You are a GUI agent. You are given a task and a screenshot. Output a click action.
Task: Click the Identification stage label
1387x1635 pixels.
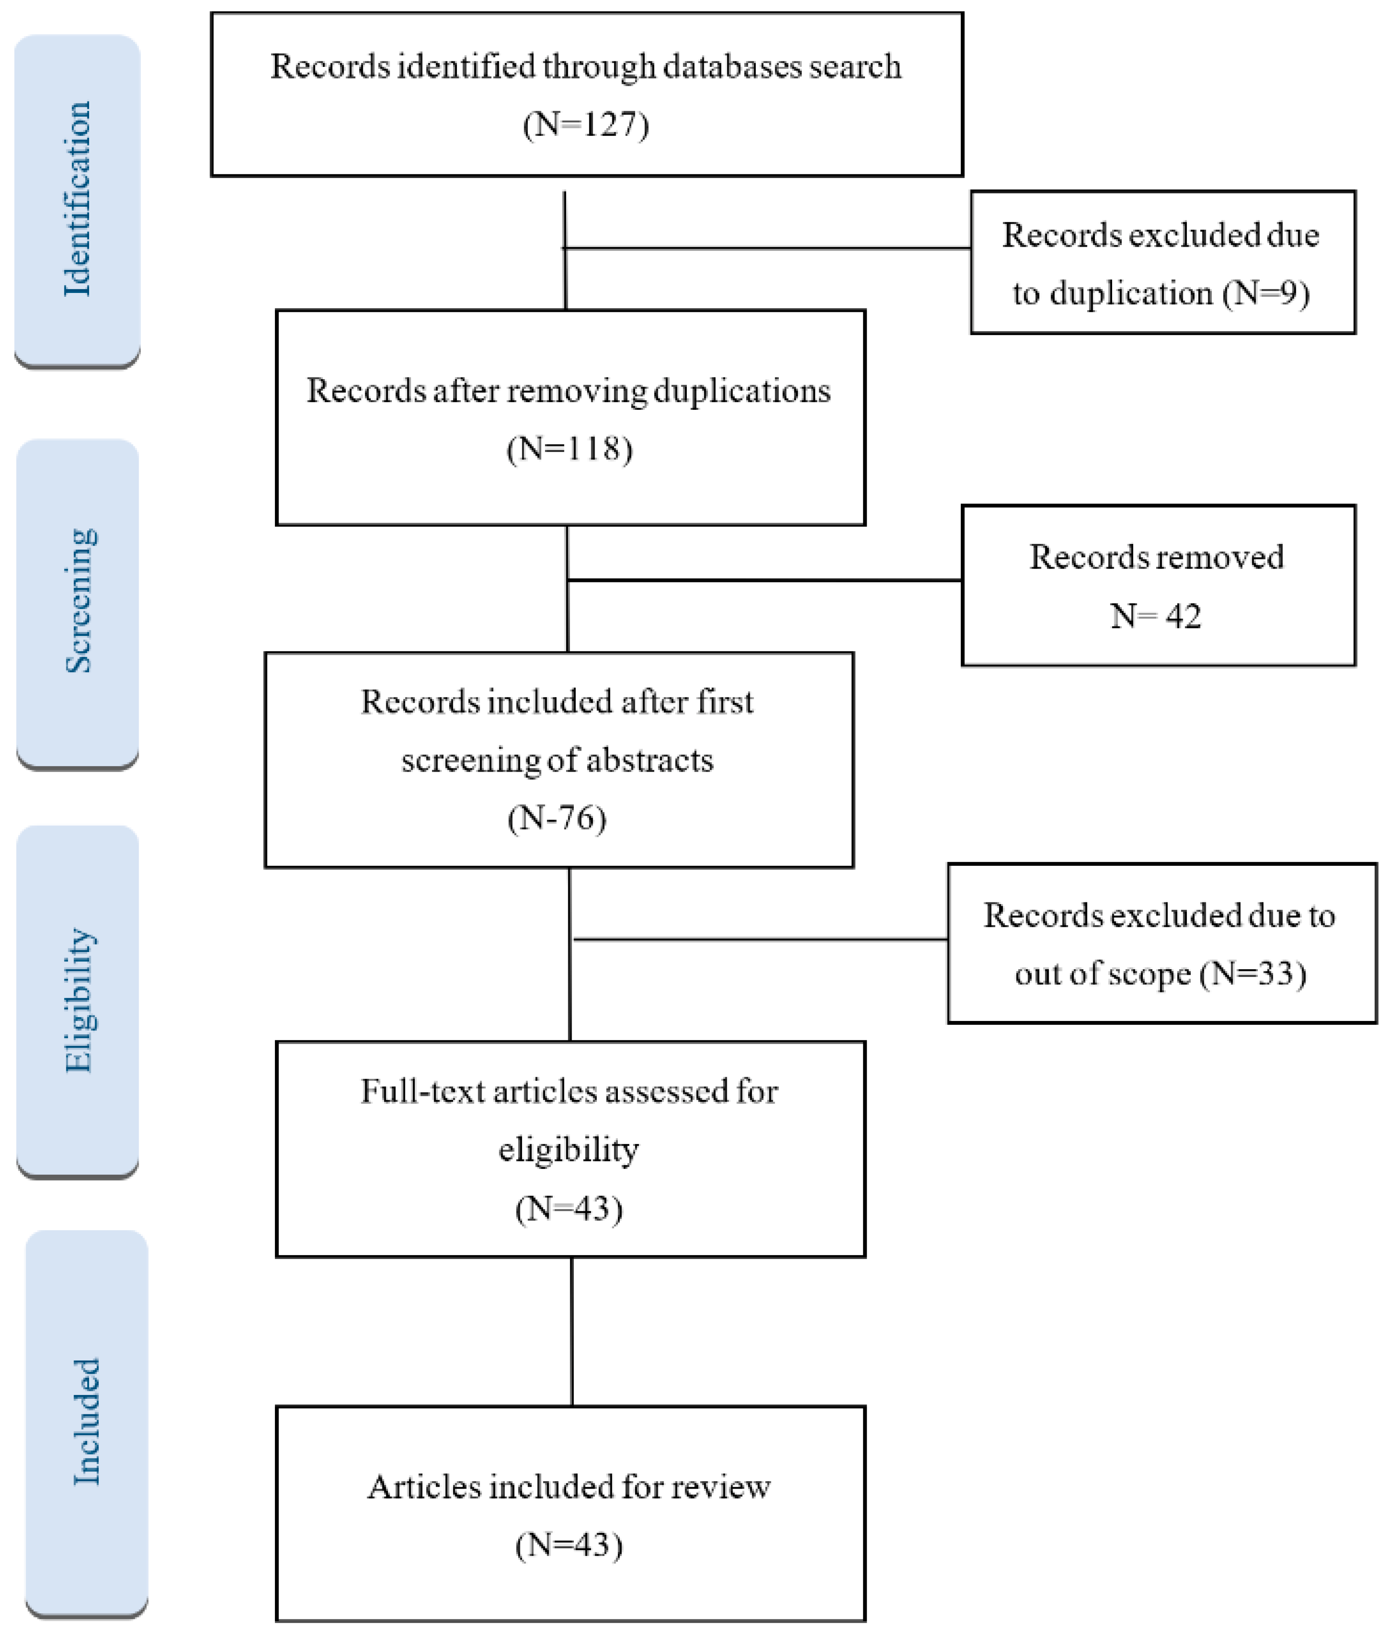tap(77, 199)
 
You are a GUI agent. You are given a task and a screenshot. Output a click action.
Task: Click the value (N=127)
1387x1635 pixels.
tap(586, 124)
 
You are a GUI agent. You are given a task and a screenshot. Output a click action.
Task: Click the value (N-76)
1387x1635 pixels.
tap(556, 818)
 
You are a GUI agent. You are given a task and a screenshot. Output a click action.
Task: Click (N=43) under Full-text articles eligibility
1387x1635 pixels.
tap(569, 1208)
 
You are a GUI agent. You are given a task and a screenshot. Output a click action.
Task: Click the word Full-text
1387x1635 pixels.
tap(422, 1092)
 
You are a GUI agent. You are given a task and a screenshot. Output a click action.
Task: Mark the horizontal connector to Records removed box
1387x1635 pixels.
tap(763, 580)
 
